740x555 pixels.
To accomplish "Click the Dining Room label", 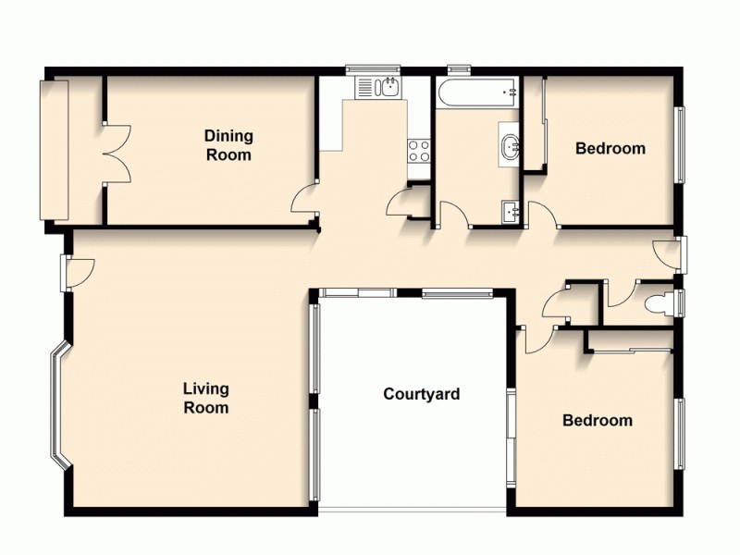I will pos(228,146).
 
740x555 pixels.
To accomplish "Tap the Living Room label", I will pos(205,398).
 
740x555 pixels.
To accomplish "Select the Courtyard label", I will pos(422,395).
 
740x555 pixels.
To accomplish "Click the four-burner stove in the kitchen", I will pos(419,151).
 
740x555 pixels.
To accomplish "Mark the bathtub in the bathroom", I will pos(477,92).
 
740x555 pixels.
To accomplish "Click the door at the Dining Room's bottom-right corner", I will pos(303,200).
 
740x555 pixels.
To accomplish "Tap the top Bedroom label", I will pos(610,148).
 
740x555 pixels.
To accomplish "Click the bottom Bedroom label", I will pos(598,421).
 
